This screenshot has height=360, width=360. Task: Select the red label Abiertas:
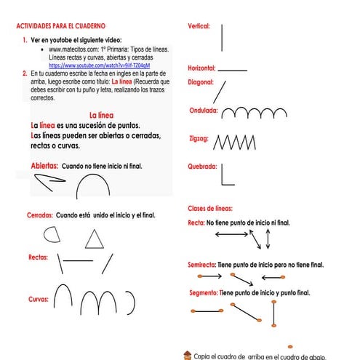[x=44, y=166]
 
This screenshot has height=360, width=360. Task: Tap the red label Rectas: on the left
[x=38, y=257]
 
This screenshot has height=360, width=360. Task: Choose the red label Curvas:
[x=38, y=299]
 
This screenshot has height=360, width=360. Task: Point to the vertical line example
[x=222, y=38]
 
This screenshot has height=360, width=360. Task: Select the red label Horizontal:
[x=201, y=68]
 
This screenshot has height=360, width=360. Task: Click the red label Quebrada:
[x=202, y=166]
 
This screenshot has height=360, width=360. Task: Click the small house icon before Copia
[x=188, y=355]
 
